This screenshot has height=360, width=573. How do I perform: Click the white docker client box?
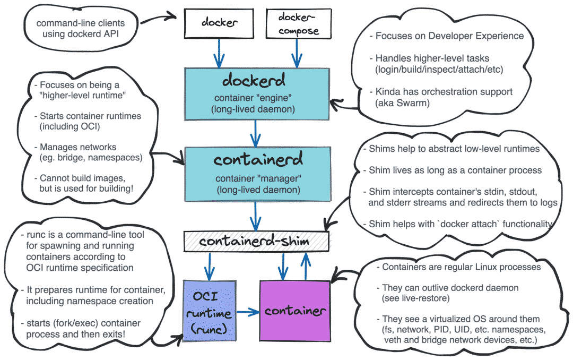coord(219,23)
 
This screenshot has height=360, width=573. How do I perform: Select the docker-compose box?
coord(299,24)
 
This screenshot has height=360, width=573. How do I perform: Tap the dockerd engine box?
coord(257,94)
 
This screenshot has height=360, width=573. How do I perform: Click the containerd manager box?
coord(258,174)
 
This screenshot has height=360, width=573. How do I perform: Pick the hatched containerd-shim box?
coord(256,242)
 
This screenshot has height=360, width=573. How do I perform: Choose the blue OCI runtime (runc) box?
coord(210,311)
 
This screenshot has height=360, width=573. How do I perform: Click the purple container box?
coord(295,311)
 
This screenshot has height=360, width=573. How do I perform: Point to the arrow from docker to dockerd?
coord(219,53)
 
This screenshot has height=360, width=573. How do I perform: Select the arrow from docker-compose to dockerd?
coord(297,53)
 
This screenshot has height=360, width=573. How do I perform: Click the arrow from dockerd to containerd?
coord(255,133)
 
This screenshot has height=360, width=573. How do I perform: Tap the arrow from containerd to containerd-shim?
coord(255,216)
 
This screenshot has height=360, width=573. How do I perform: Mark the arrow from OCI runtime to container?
coord(248,312)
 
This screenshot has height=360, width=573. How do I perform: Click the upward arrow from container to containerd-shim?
coord(306,267)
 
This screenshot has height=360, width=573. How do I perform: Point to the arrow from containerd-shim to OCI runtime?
coord(210,267)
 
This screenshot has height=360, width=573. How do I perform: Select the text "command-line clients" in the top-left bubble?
coord(81,23)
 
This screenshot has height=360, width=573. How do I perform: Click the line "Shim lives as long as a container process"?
coord(455,170)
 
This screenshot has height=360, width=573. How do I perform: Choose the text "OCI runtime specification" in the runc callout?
coord(80,268)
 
